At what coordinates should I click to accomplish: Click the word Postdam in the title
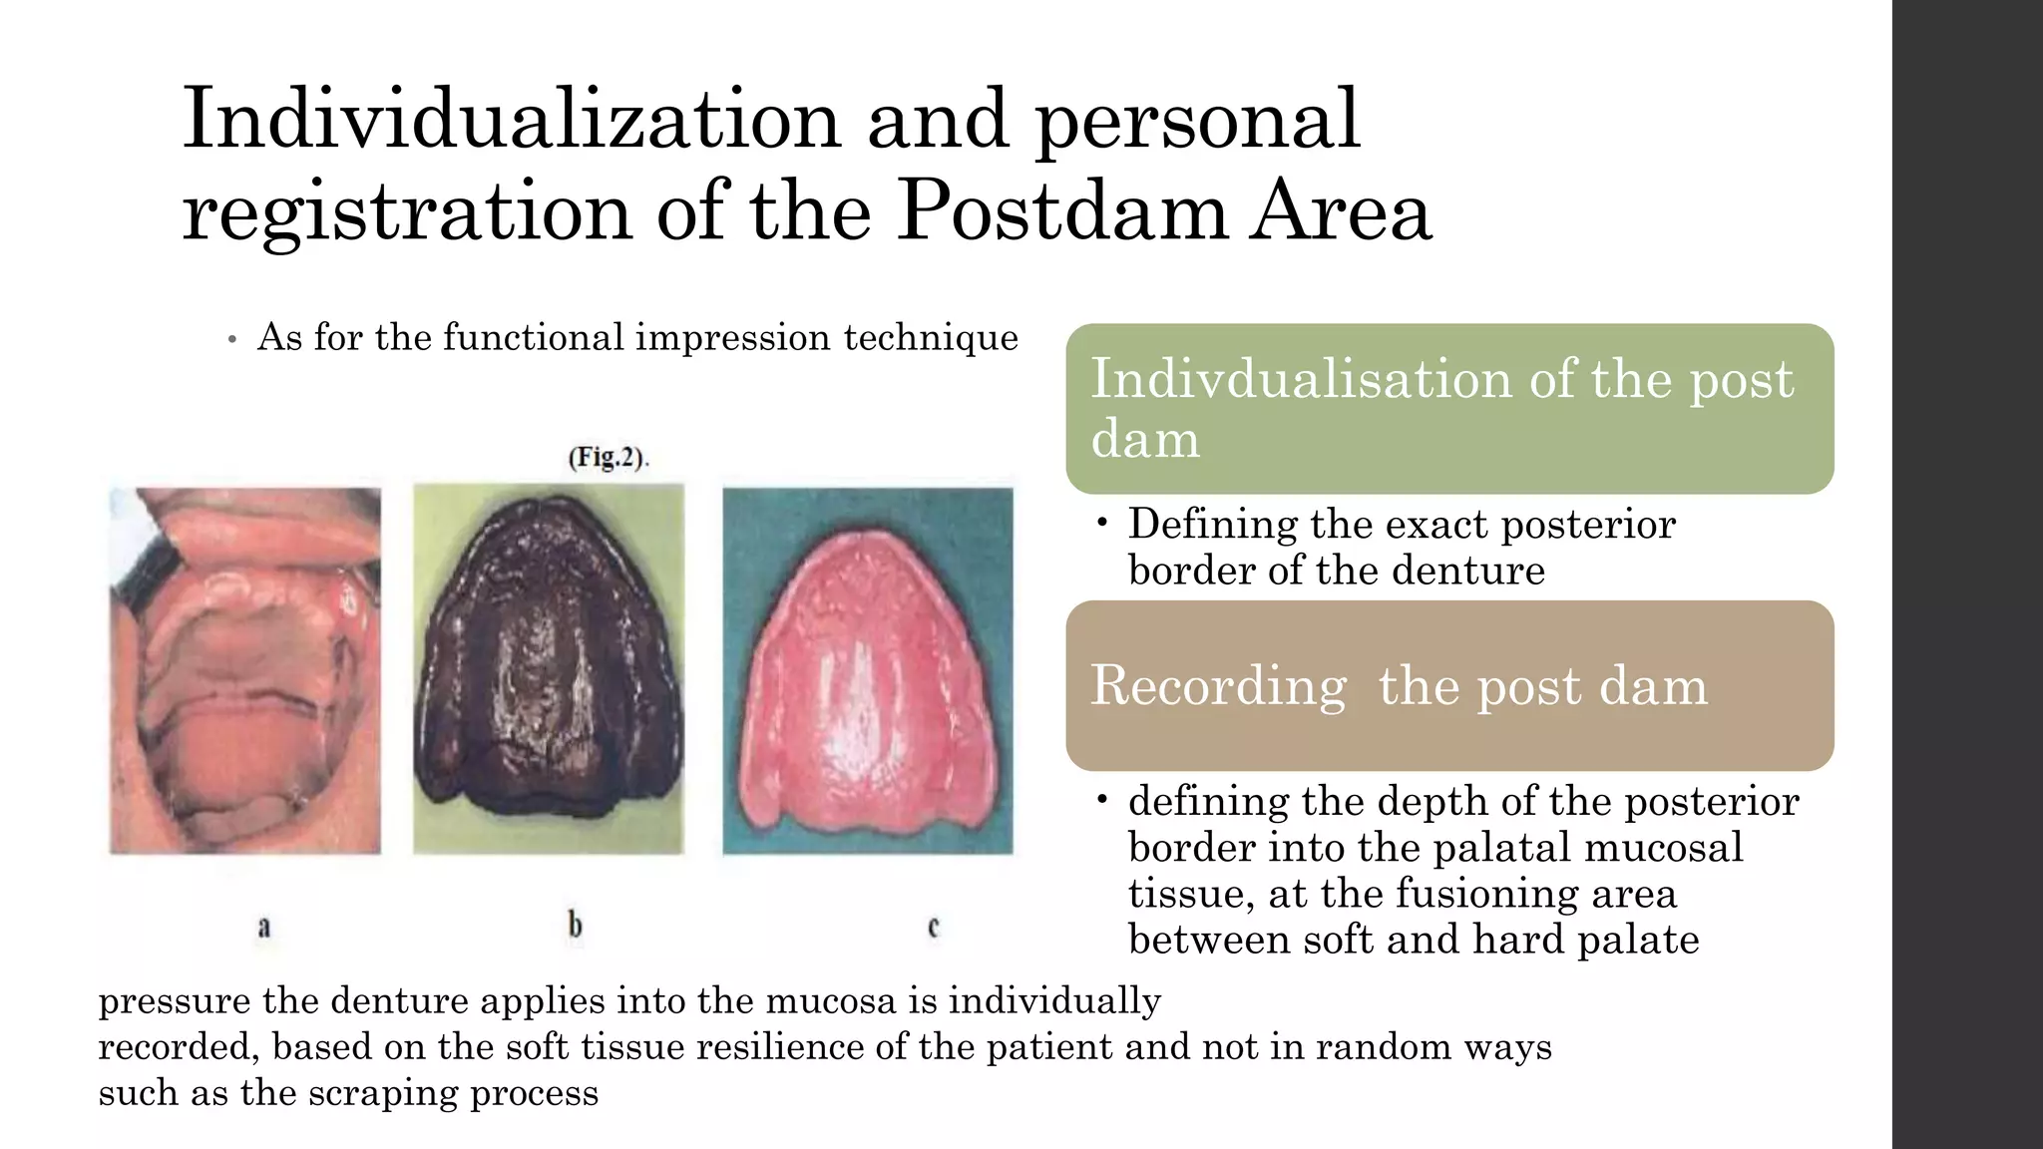(1060, 212)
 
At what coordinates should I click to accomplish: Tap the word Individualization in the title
(511, 120)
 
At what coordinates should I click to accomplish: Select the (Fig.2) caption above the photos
(609, 458)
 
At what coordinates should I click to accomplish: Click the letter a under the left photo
(264, 928)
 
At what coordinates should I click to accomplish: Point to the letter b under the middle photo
(576, 927)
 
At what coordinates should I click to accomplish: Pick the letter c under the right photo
(934, 928)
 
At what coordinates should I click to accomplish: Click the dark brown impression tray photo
(549, 668)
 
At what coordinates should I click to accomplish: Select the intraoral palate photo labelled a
(245, 670)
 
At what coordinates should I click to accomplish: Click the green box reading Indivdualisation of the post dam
(1448, 408)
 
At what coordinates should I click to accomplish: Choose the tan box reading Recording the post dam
(1448, 685)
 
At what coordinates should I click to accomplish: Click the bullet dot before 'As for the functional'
(231, 340)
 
